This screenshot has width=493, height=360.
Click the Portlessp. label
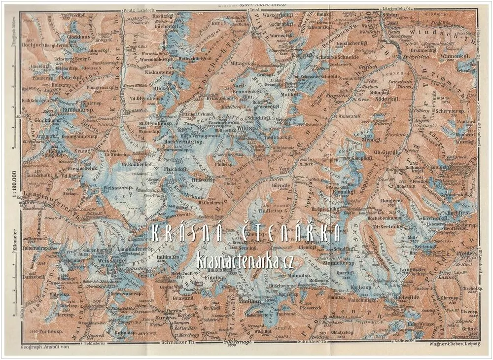(x=52, y=332)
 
